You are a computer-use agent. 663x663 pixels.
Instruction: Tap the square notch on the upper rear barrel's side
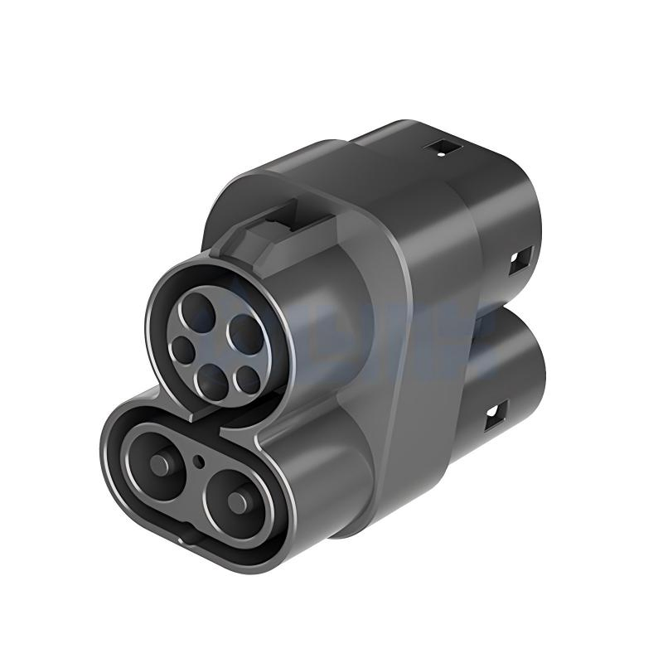[520, 263]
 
